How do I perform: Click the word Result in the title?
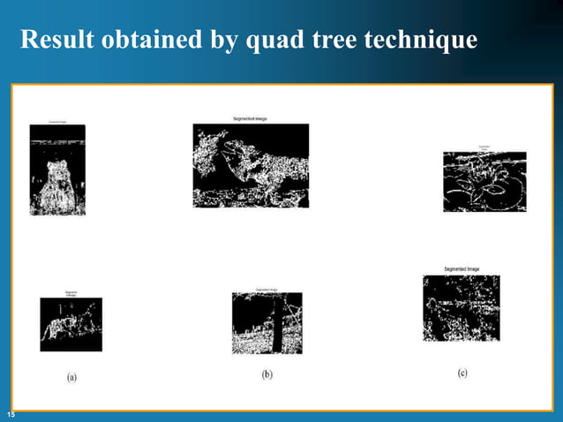(52, 41)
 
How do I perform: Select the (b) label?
(266, 374)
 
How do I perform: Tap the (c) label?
(462, 373)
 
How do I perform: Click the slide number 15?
(11, 414)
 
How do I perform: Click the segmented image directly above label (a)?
(71, 324)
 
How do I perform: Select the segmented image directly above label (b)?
(266, 323)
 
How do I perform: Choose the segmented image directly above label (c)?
(462, 308)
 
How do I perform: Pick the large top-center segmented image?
(251, 165)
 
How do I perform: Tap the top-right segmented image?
(484, 181)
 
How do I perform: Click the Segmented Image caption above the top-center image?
(250, 118)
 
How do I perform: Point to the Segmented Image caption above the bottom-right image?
(462, 268)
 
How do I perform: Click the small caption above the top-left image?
(57, 121)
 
